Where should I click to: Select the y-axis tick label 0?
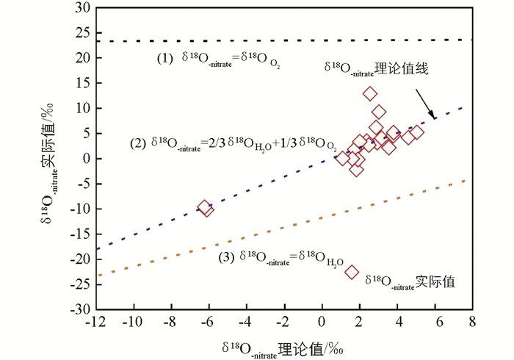point(84,159)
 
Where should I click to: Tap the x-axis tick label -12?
point(95,323)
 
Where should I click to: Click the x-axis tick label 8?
point(471,323)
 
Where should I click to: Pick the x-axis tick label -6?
point(208,323)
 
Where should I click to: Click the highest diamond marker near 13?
point(370,93)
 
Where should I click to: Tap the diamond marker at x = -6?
point(206,208)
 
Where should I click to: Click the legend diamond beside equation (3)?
point(352,272)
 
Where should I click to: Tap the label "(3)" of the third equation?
point(226,257)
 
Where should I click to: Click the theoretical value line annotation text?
point(376,68)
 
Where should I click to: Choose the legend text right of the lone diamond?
point(410,281)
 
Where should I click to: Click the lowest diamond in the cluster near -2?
point(357,170)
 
